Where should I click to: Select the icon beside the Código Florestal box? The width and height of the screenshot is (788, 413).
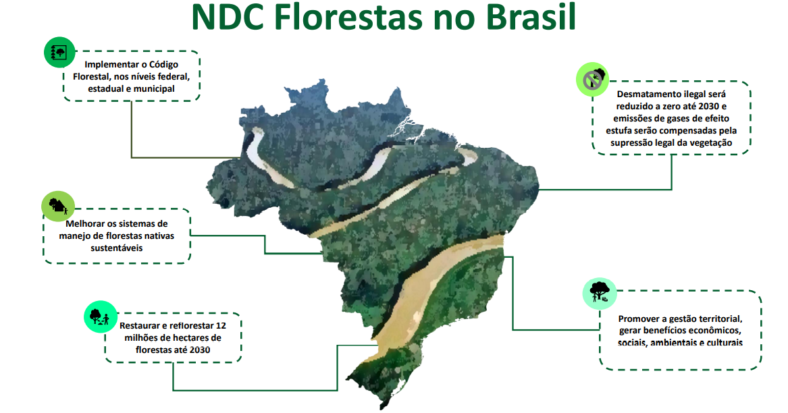(59, 52)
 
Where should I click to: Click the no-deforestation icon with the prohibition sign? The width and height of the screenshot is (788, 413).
(593, 79)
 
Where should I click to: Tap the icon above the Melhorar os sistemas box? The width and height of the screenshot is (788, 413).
(58, 206)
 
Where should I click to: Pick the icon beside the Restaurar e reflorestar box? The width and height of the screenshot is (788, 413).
(101, 317)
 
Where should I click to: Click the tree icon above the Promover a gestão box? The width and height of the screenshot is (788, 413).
(600, 294)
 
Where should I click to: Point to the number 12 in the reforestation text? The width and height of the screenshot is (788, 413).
(221, 325)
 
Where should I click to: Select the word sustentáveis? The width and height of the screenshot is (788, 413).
(117, 248)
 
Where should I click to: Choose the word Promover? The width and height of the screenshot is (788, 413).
(637, 319)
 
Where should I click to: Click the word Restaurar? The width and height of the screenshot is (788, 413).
(139, 325)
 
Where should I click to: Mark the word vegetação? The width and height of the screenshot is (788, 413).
(710, 143)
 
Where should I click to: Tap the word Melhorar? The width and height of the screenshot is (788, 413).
(86, 224)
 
